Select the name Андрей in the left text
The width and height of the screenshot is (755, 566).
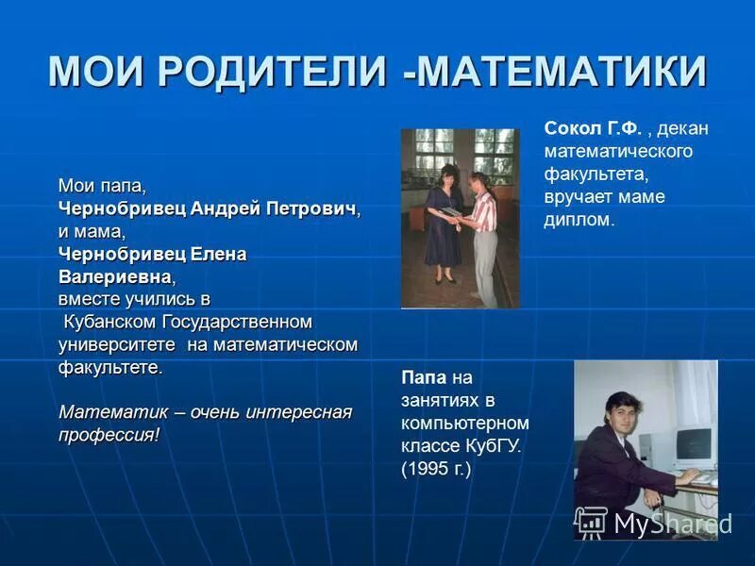pyautogui.click(x=225, y=208)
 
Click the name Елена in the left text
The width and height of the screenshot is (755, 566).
pyautogui.click(x=220, y=254)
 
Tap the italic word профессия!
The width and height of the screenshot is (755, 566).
pyautogui.click(x=109, y=435)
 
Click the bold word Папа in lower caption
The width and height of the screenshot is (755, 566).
pyautogui.click(x=423, y=377)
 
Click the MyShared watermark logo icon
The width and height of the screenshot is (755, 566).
pyautogui.click(x=591, y=522)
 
